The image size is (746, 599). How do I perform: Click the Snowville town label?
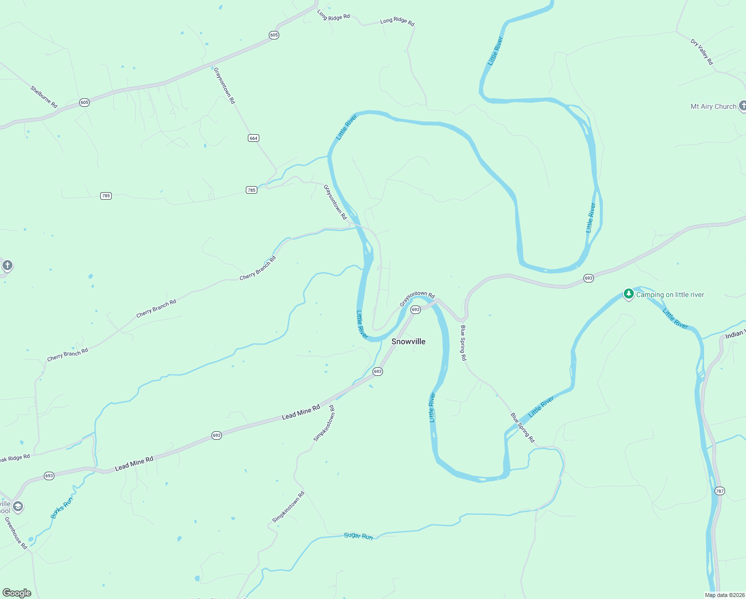pos(408,341)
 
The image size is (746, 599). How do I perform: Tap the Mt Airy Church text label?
pos(713,106)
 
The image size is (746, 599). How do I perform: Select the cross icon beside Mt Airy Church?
pos(743,105)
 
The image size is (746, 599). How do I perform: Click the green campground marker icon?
pos(629,294)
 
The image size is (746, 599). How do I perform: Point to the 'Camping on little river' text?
pos(670,295)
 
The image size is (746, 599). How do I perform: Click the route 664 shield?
pos(254,138)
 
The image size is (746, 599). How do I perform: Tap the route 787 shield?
pos(719,491)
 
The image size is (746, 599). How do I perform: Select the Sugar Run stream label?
pos(358,536)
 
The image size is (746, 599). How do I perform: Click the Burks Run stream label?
pos(62,508)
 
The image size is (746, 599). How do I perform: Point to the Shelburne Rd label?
pos(44,97)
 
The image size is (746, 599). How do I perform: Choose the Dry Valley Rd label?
pos(702,52)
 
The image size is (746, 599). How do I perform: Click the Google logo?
pos(17,593)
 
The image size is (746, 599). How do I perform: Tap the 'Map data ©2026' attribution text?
pos(724,595)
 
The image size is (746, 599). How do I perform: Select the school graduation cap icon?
pos(18,507)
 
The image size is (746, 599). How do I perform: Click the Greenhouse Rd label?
pos(16,533)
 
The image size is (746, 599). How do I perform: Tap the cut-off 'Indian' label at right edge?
pos(735,334)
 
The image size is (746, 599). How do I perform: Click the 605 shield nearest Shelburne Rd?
pos(84,103)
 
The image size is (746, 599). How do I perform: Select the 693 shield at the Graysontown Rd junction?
pos(415,310)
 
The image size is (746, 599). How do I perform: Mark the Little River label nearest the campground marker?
pos(675,318)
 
